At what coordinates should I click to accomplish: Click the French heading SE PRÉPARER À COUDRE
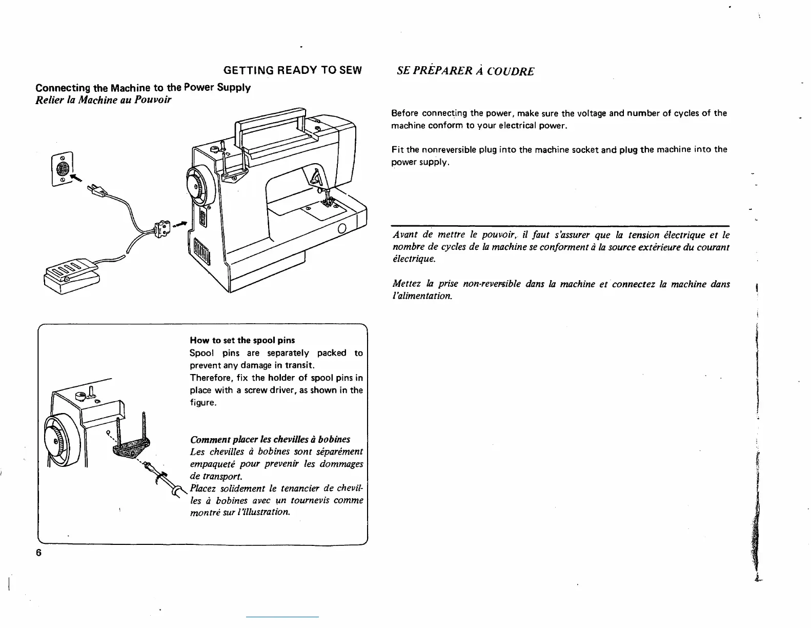[465, 71]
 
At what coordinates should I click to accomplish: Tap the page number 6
[38, 553]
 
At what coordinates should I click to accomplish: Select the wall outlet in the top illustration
[62, 169]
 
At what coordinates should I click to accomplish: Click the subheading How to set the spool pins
[242, 340]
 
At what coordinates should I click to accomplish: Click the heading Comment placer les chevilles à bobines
[270, 440]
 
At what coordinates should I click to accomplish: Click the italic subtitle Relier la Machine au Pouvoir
[103, 100]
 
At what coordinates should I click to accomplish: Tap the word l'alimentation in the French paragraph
[422, 297]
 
